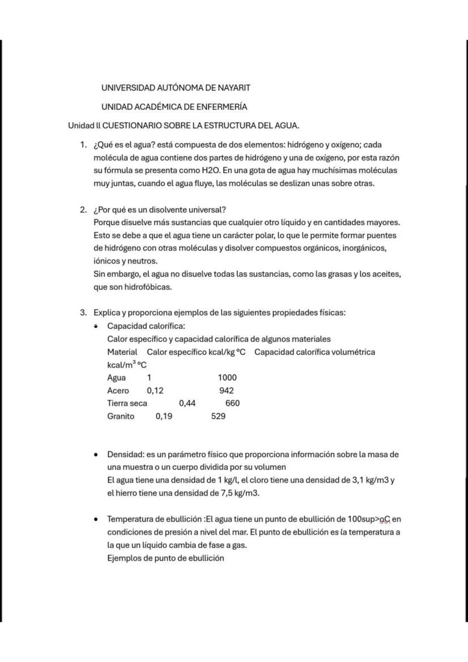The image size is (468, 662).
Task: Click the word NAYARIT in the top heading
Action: point(231,88)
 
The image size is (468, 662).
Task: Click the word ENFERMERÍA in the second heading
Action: point(219,106)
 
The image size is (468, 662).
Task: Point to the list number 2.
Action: point(83,209)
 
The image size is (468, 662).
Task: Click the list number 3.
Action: point(83,312)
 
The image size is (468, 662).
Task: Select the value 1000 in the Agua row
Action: point(227,378)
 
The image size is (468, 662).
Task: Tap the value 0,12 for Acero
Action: point(155,391)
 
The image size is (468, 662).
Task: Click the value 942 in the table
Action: point(227,391)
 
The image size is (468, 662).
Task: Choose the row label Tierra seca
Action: point(127,403)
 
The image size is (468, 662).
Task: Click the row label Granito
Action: point(121,416)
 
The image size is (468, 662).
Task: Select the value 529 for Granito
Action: point(218,416)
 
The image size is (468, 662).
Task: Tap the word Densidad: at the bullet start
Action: point(125,454)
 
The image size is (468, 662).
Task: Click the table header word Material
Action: point(122,352)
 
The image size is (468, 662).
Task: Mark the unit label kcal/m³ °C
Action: point(127,365)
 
